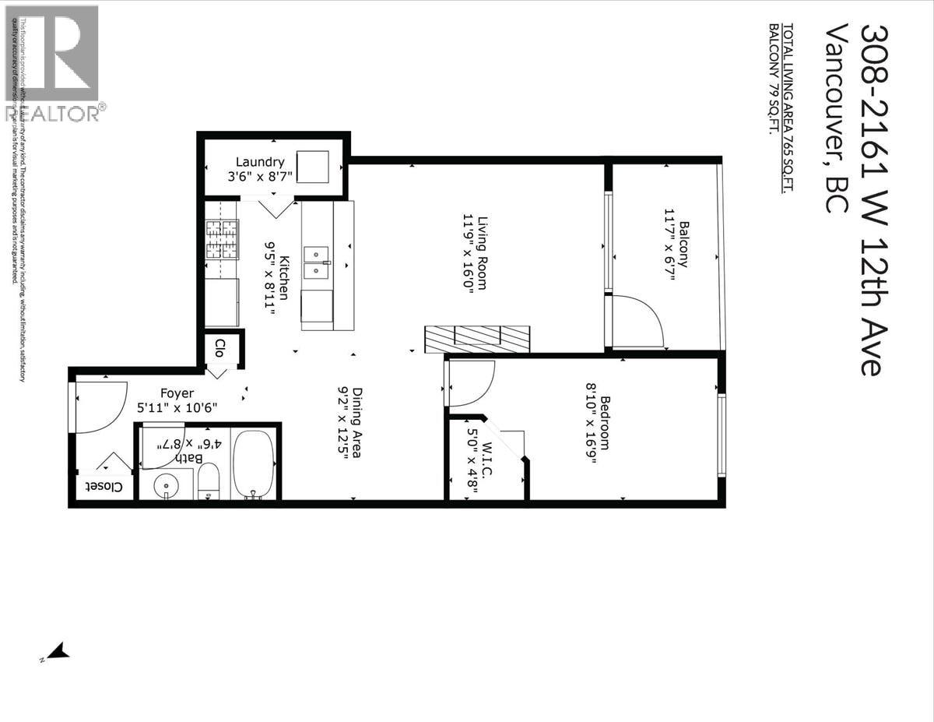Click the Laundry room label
pyautogui.click(x=260, y=162)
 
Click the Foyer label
pyautogui.click(x=177, y=393)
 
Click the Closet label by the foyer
pyautogui.click(x=104, y=486)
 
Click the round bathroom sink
pyautogui.click(x=166, y=486)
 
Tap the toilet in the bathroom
pyautogui.click(x=209, y=481)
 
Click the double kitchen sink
pyautogui.click(x=316, y=262)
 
